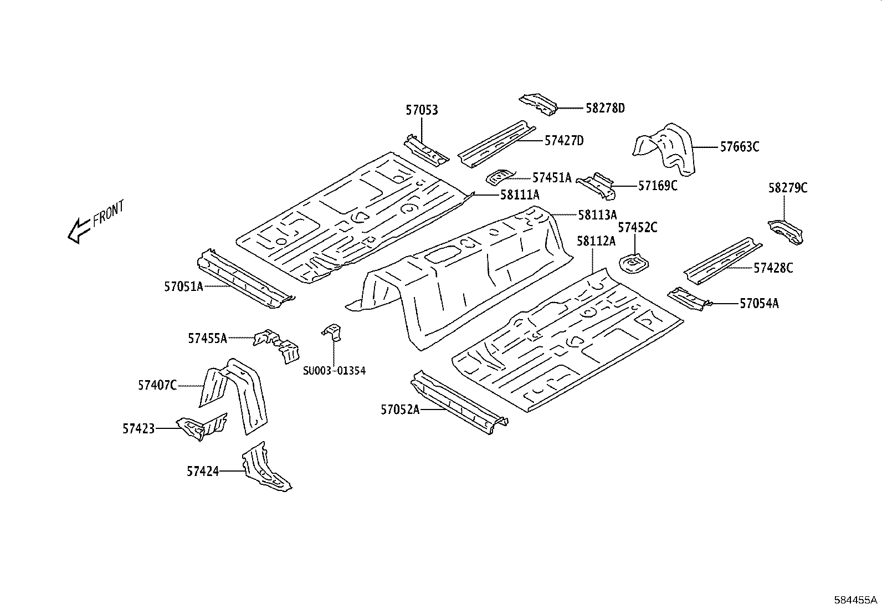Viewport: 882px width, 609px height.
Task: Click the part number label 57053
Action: (x=422, y=110)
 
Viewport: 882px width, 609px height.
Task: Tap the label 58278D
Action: (x=605, y=108)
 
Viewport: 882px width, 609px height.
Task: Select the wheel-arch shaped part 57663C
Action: (x=665, y=149)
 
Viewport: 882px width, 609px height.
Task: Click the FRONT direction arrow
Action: (x=78, y=229)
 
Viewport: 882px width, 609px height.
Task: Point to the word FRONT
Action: (x=109, y=213)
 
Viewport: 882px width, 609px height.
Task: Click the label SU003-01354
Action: (x=334, y=371)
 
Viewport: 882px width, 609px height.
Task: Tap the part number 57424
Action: (x=203, y=472)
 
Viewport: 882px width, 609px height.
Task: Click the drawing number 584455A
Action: (x=856, y=600)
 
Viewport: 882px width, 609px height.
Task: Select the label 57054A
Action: (x=759, y=303)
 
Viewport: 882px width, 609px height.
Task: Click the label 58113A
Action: (x=597, y=214)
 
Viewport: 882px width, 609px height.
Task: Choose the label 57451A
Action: (x=551, y=177)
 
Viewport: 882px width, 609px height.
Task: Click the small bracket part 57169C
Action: (x=596, y=186)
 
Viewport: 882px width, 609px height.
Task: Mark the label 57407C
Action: (x=157, y=385)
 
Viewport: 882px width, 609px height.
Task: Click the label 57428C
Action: (x=773, y=268)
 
